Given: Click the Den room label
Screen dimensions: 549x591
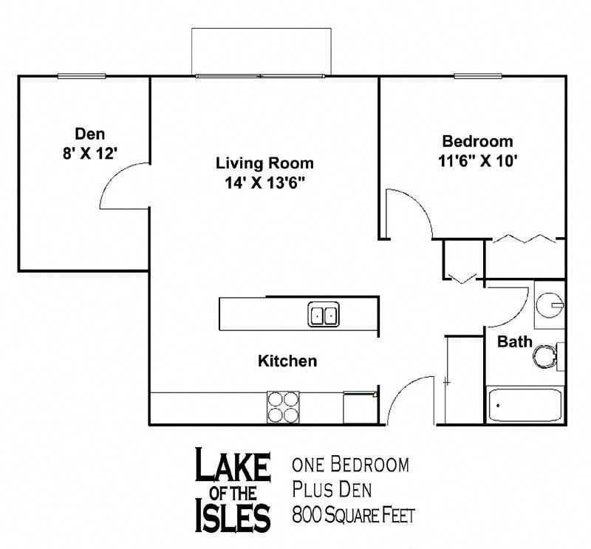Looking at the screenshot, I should [x=90, y=134].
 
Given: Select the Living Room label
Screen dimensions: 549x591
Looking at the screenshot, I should [x=264, y=163].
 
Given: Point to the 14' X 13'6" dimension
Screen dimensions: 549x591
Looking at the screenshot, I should [x=264, y=183].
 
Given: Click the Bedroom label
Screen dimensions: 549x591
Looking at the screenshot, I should [x=476, y=141].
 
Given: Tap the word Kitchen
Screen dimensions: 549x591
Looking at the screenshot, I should [x=287, y=361].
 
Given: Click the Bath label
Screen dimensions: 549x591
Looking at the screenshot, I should [x=514, y=342].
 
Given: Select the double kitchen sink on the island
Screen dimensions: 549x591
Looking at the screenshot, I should [x=323, y=314].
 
